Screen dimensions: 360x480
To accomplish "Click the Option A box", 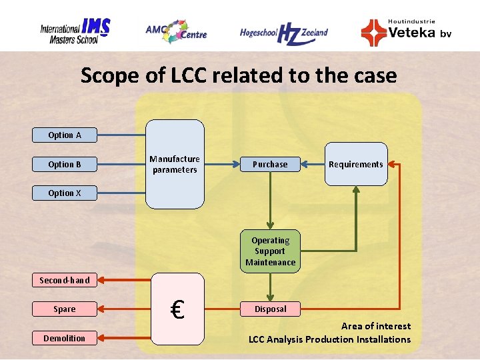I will [65, 135].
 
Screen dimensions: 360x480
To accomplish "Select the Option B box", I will [65, 164].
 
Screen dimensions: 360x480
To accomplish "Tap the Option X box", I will [65, 193].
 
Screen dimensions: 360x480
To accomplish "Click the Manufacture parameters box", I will [175, 165].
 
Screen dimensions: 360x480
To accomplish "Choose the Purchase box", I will [270, 164].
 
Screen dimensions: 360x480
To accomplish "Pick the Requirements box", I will [356, 164].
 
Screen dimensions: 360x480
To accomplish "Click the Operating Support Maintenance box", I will [270, 251].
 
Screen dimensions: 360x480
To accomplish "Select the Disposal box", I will [270, 309].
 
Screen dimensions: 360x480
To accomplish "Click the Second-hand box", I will [65, 280].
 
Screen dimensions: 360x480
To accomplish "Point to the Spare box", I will [65, 309].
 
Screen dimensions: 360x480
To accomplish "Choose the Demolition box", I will [65, 338].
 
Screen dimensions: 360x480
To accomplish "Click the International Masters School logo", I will [75, 31].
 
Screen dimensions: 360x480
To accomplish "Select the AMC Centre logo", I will [176, 31].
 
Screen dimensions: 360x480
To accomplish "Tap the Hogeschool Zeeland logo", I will [283, 33].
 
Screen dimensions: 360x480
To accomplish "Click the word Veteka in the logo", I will [411, 33].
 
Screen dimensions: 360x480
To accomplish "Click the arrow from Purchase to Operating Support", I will [270, 200].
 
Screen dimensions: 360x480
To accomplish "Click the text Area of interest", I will [375, 326].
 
